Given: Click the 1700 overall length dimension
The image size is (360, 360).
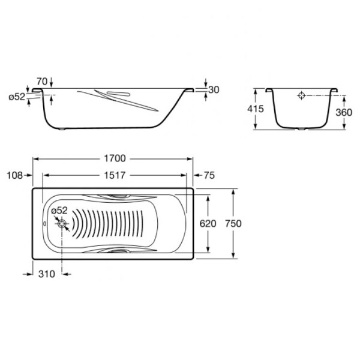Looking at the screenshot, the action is click(115, 158).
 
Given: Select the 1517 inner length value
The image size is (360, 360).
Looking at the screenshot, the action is click(115, 175).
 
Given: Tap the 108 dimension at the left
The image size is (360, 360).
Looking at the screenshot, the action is click(14, 175).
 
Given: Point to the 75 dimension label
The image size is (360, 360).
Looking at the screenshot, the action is click(209, 175).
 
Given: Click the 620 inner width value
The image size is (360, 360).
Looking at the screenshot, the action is click(208, 223).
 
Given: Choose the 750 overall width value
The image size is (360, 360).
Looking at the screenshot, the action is click(233, 223).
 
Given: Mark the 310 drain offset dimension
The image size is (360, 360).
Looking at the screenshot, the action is click(47, 274).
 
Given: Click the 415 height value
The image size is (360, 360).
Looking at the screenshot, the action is click(256, 109).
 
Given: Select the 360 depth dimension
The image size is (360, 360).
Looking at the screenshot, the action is click(344, 112).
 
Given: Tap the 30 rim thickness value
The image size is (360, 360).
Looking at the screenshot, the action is click(214, 90).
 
